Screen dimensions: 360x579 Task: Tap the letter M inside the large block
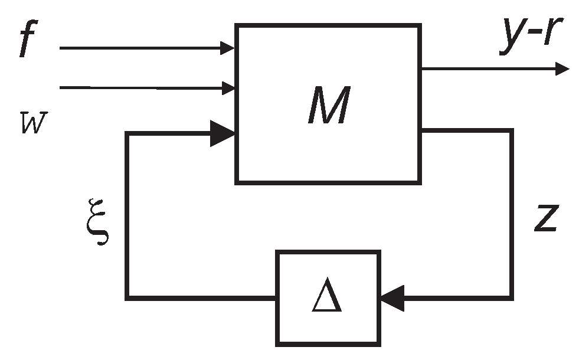pyautogui.click(x=328, y=106)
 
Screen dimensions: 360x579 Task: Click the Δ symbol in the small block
pyautogui.click(x=327, y=299)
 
